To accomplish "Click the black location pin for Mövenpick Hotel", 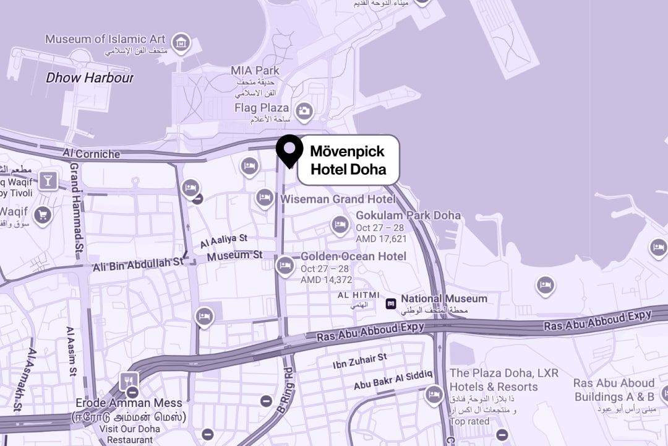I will (289, 149).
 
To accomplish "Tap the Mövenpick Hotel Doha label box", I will (348, 160).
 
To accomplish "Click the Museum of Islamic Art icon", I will (181, 42).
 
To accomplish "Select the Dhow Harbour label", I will (90, 78).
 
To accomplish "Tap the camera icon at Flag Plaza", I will (304, 111).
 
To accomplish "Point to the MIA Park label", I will (254, 71).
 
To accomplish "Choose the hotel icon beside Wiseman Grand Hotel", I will (265, 198).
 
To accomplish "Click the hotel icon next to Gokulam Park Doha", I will (339, 224).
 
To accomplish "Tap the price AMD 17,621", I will (381, 239).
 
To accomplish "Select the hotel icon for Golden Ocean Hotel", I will (285, 265).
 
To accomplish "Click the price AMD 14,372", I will (326, 280).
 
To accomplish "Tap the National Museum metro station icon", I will (391, 303).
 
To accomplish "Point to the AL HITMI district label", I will (358, 295).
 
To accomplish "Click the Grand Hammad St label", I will (77, 208).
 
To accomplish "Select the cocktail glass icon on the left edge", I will (48, 181).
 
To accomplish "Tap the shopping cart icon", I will (42, 215).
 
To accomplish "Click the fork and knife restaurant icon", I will (129, 381).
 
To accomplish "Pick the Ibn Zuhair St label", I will (359, 357).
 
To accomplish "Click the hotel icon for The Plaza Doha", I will (434, 394).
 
